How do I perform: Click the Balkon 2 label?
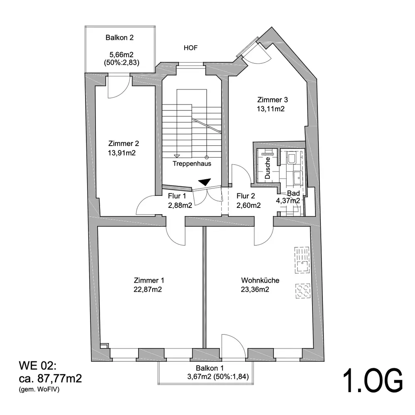click(120, 38)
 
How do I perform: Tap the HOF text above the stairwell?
click(190, 48)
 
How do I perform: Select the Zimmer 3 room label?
click(272, 100)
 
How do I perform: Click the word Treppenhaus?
click(192, 164)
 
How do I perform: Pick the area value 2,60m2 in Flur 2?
click(249, 205)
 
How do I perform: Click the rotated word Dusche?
click(268, 168)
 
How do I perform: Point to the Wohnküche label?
click(260, 281)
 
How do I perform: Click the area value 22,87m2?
click(148, 290)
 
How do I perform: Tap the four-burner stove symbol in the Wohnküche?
click(303, 290)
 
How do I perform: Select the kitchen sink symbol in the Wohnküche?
click(302, 260)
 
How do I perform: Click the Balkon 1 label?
click(210, 368)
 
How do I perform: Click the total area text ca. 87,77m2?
click(50, 378)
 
